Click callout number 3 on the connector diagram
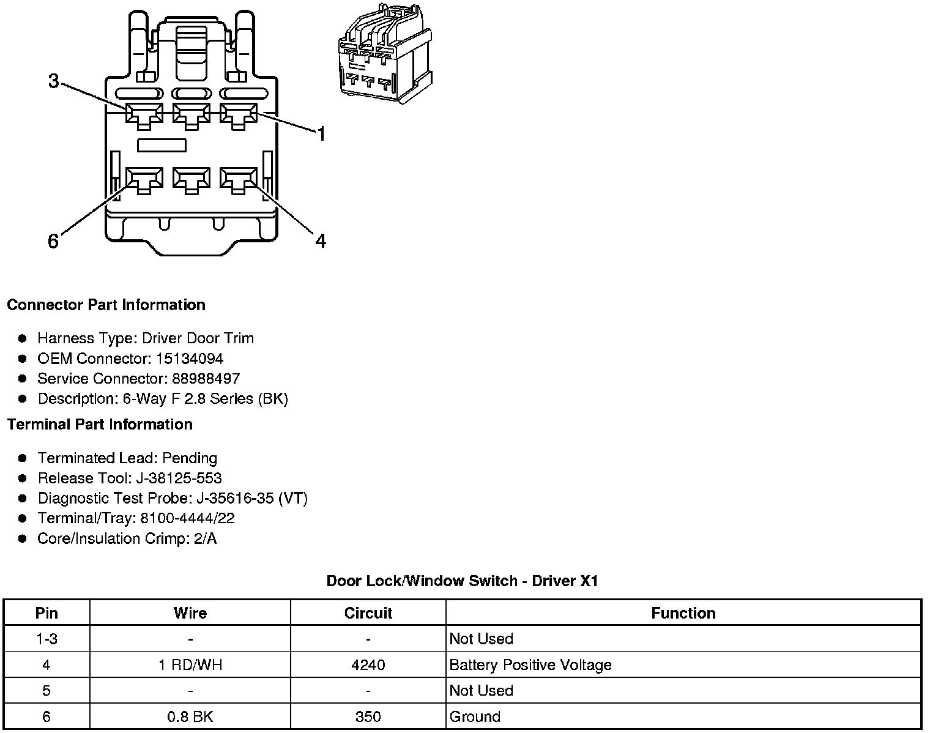(x=54, y=81)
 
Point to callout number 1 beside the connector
(x=321, y=133)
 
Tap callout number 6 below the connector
(x=53, y=241)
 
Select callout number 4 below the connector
(x=321, y=241)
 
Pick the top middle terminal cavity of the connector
(x=192, y=114)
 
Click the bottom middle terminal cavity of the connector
(x=192, y=180)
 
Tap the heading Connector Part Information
(x=106, y=305)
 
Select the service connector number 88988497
(x=206, y=379)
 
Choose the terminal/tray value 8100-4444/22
(x=187, y=518)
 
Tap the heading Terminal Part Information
(x=100, y=424)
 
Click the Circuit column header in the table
(x=368, y=613)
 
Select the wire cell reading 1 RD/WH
(x=190, y=665)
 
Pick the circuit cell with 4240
(x=368, y=665)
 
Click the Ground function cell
(x=475, y=716)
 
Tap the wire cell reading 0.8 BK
(x=190, y=716)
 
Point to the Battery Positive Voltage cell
(x=530, y=665)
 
